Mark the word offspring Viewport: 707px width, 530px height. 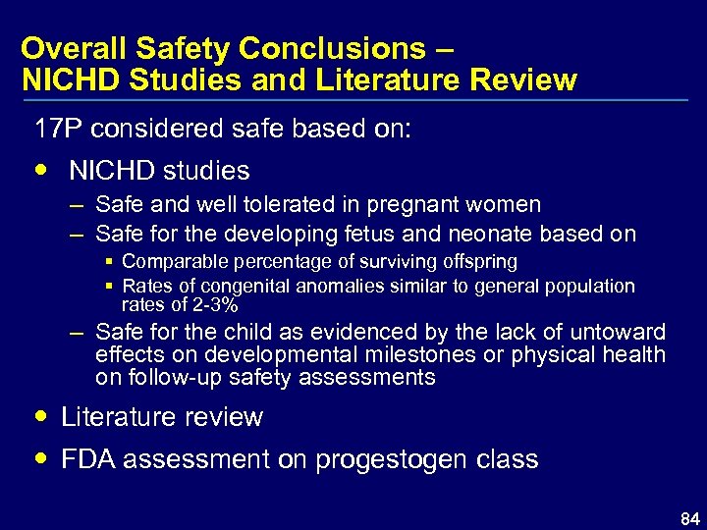pos(475,262)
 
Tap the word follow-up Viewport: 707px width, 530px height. pos(180,377)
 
